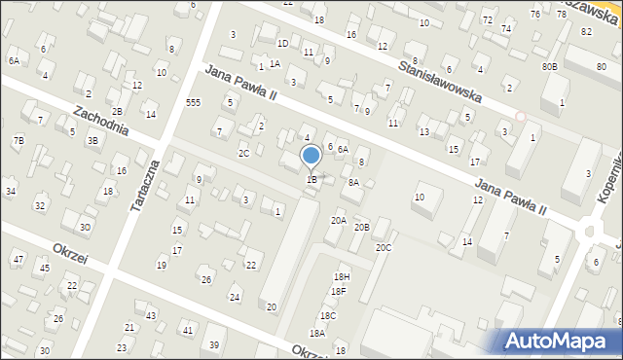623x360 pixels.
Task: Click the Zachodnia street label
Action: tap(99, 122)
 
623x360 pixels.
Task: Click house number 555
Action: tap(193, 103)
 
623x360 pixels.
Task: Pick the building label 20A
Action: tap(338, 221)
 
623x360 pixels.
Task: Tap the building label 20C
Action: tap(384, 248)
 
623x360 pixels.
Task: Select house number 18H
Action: tap(341, 277)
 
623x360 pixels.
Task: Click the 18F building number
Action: tap(338, 291)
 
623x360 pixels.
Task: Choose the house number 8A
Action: tap(353, 182)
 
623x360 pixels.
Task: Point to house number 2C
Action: tap(243, 153)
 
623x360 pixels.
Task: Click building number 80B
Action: tap(550, 66)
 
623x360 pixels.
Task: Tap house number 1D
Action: tap(282, 43)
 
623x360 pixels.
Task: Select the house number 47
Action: tap(18, 259)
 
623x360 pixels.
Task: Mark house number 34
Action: tap(10, 191)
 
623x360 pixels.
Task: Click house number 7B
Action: tap(18, 140)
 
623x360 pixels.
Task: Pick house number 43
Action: tap(151, 316)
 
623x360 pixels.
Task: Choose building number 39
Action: tap(214, 345)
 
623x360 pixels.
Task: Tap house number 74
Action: tap(506, 29)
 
